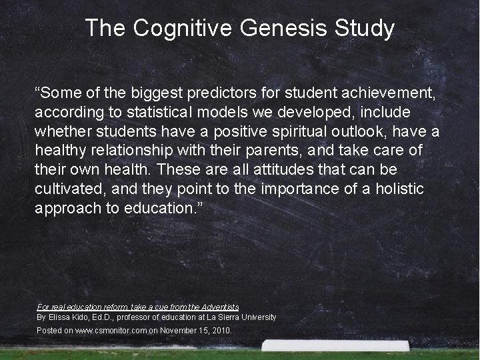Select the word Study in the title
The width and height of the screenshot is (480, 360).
[x=365, y=29]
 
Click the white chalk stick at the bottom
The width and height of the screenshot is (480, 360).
[x=335, y=345]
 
